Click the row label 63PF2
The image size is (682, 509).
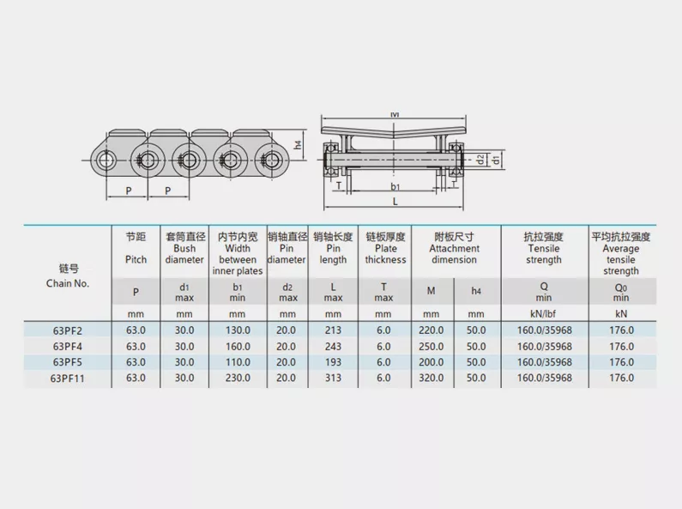click(68, 330)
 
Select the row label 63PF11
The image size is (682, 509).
click(68, 378)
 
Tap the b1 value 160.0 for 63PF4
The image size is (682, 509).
click(238, 346)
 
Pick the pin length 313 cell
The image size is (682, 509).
click(333, 378)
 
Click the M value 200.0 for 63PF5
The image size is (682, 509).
click(431, 362)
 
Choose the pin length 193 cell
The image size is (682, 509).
click(333, 362)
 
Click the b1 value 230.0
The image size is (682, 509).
click(238, 378)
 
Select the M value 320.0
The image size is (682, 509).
click(431, 378)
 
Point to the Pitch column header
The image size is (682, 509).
click(136, 260)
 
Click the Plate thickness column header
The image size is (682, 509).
click(385, 254)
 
